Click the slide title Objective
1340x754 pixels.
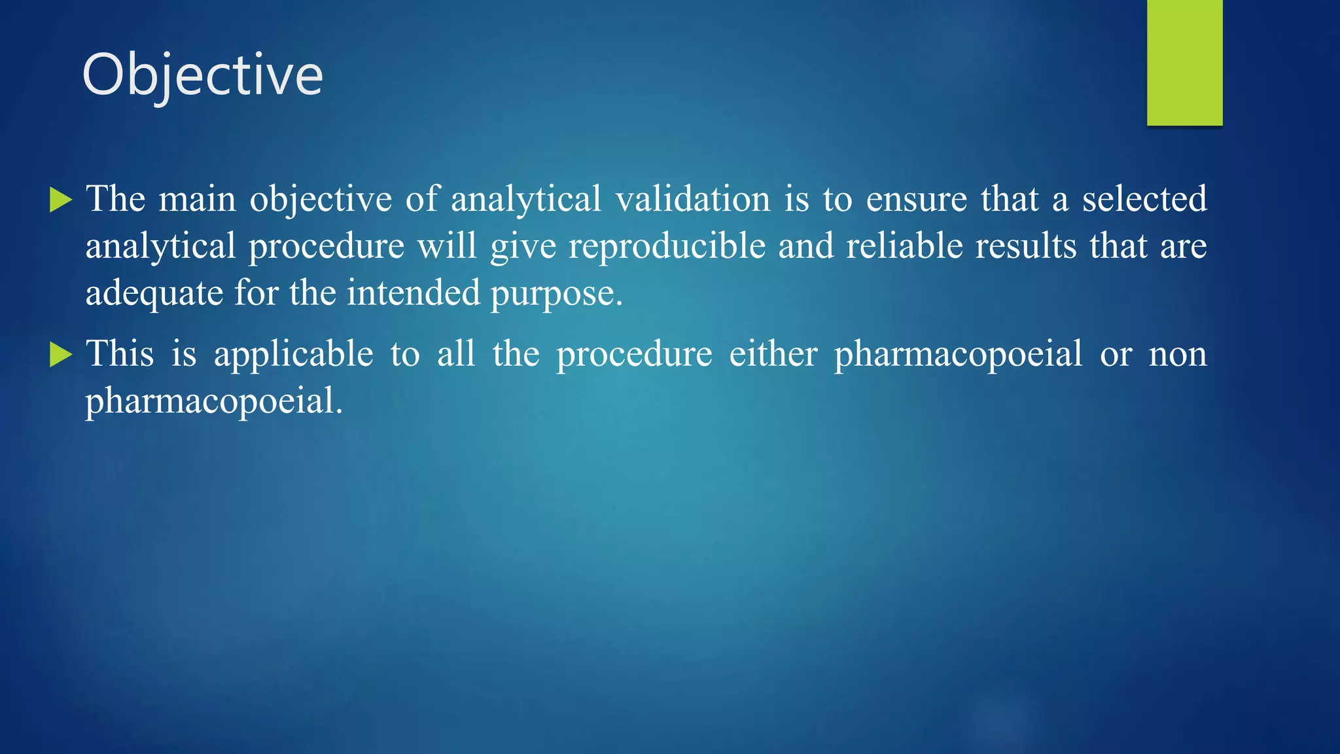pyautogui.click(x=202, y=75)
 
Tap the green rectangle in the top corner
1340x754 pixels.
pyautogui.click(x=1184, y=62)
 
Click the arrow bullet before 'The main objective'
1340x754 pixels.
pyautogui.click(x=60, y=200)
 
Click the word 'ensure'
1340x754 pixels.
pyautogui.click(x=916, y=199)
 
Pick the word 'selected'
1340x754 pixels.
pyautogui.click(x=1144, y=199)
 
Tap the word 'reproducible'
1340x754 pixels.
pyautogui.click(x=667, y=247)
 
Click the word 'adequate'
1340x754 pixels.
pyautogui.click(x=154, y=293)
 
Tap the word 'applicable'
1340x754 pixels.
pyautogui.click(x=294, y=355)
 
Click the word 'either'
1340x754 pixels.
pyautogui.click(x=773, y=354)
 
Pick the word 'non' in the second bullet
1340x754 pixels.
pyautogui.click(x=1178, y=355)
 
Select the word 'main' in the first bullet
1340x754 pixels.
pyautogui.click(x=197, y=199)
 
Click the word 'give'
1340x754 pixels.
pyautogui.click(x=523, y=247)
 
